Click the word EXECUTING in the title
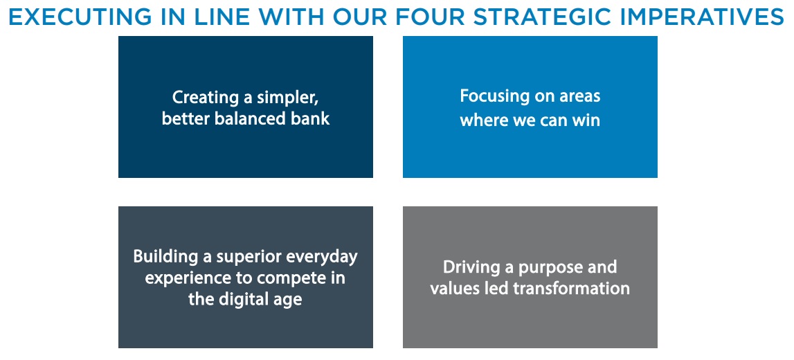(x=78, y=18)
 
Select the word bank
(x=310, y=118)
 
